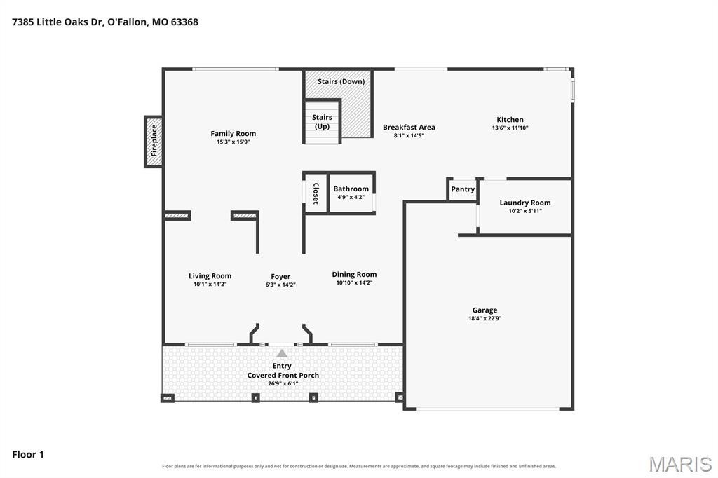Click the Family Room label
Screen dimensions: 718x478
[x=233, y=134]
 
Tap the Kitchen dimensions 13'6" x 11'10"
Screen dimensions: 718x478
[x=510, y=128]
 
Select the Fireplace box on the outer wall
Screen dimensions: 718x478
[x=154, y=142]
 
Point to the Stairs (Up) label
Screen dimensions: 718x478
[x=322, y=122]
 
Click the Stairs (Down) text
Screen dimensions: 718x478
[x=341, y=81]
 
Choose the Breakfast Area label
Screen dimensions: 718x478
[x=409, y=128]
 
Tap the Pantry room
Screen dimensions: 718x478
[x=463, y=189]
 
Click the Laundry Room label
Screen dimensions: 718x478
[x=525, y=203]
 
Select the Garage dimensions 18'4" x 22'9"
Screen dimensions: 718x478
[x=485, y=319]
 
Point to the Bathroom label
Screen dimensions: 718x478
[x=351, y=189]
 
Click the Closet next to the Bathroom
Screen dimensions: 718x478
[x=316, y=193]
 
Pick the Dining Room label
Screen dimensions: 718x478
[x=354, y=274]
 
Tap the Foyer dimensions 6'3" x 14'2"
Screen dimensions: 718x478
[x=280, y=285]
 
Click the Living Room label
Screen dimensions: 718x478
[x=210, y=275]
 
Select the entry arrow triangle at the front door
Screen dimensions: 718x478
[x=282, y=353]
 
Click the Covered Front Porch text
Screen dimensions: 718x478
[x=283, y=376]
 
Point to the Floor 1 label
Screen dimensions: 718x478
[x=28, y=455]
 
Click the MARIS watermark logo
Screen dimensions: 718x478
[x=680, y=464]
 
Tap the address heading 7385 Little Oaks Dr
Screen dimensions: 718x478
[x=57, y=22]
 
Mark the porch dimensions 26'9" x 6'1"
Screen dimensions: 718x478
[x=283, y=383]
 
